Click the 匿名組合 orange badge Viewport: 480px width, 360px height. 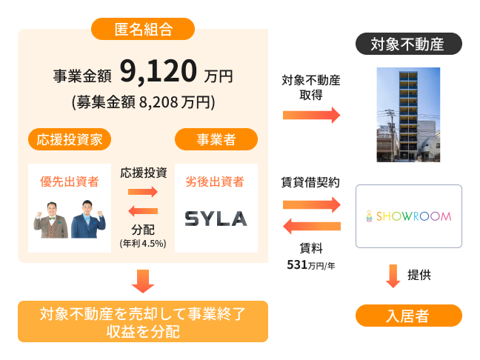(x=143, y=29)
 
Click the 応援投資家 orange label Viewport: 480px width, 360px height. (x=70, y=139)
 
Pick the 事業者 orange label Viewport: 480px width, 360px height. (x=216, y=139)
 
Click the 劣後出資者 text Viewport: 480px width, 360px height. (x=216, y=181)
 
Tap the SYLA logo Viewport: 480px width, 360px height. (x=216, y=219)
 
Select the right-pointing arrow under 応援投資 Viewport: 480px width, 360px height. (x=143, y=192)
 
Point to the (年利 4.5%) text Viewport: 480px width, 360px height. (x=143, y=243)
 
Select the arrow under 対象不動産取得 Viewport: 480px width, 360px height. (x=311, y=115)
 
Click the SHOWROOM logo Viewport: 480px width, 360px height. (x=409, y=216)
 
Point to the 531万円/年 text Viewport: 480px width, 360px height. (x=311, y=264)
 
